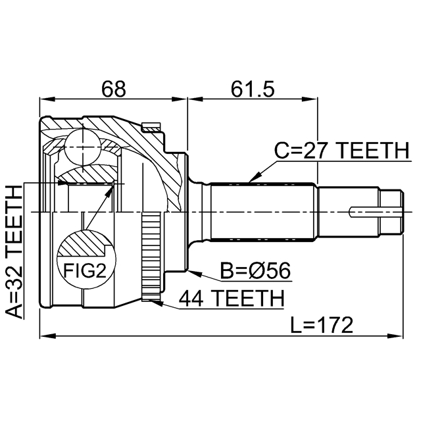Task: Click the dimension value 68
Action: tap(113, 87)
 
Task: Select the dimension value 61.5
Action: tap(250, 87)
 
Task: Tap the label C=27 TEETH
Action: tap(341, 151)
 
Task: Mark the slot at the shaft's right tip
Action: tap(372, 212)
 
